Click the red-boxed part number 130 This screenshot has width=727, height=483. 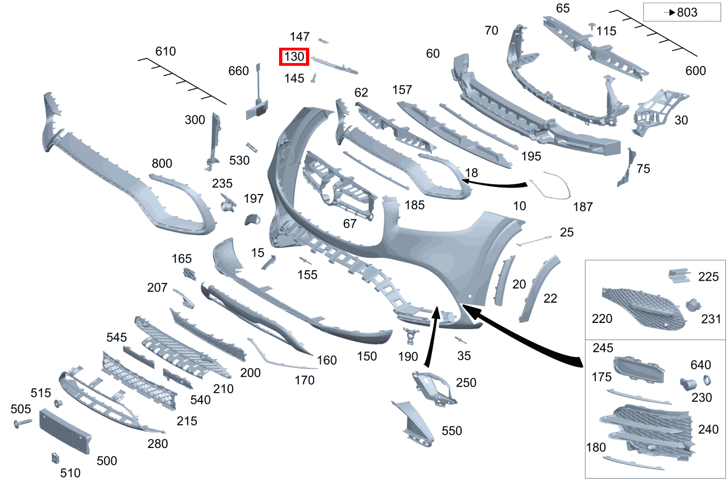tap(294, 57)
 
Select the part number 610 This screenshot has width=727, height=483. tap(166, 52)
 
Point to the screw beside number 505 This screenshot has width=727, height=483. tap(22, 423)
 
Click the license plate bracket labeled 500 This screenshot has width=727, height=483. tap(65, 431)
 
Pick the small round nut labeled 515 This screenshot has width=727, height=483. tap(59, 404)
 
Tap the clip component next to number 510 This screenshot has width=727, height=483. tap(55, 458)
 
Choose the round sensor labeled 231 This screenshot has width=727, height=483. tap(693, 305)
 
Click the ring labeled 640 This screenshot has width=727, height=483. tap(707, 380)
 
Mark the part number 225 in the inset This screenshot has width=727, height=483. tap(708, 276)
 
